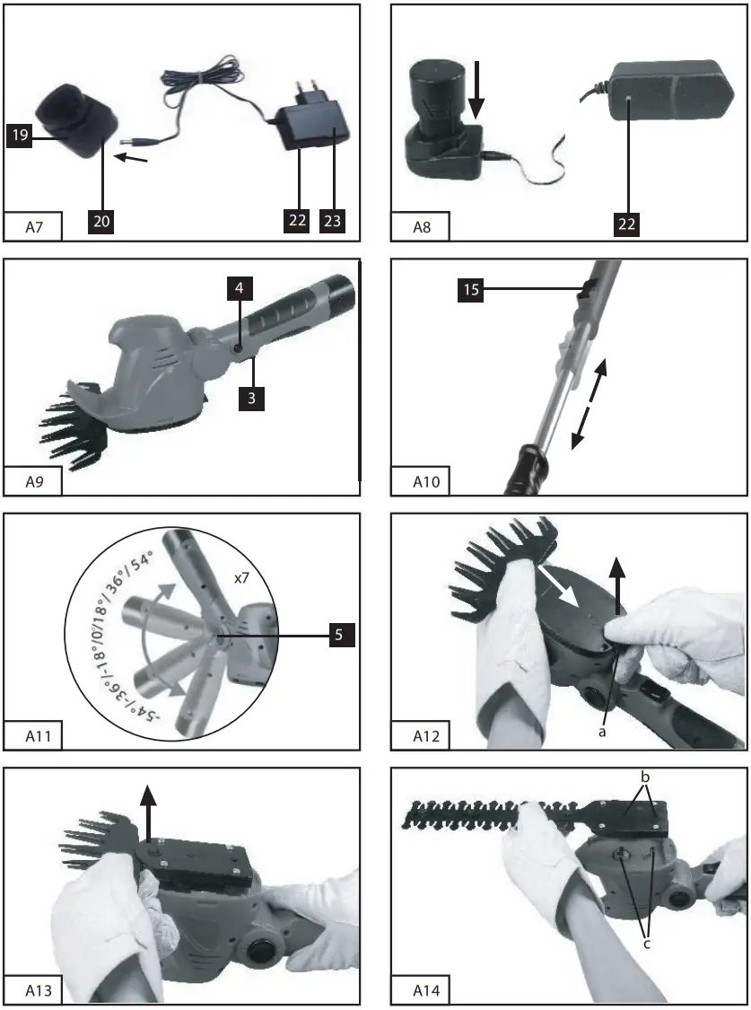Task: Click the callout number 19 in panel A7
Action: pyautogui.click(x=19, y=137)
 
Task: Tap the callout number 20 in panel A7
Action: pyautogui.click(x=102, y=220)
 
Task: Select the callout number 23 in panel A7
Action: pyautogui.click(x=332, y=220)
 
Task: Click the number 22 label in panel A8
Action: pyautogui.click(x=627, y=224)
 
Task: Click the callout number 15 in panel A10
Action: pyautogui.click(x=472, y=290)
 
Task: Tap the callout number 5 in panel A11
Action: pyautogui.click(x=339, y=635)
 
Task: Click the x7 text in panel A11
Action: pyautogui.click(x=241, y=580)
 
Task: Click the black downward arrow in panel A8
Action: pyautogui.click(x=476, y=89)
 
